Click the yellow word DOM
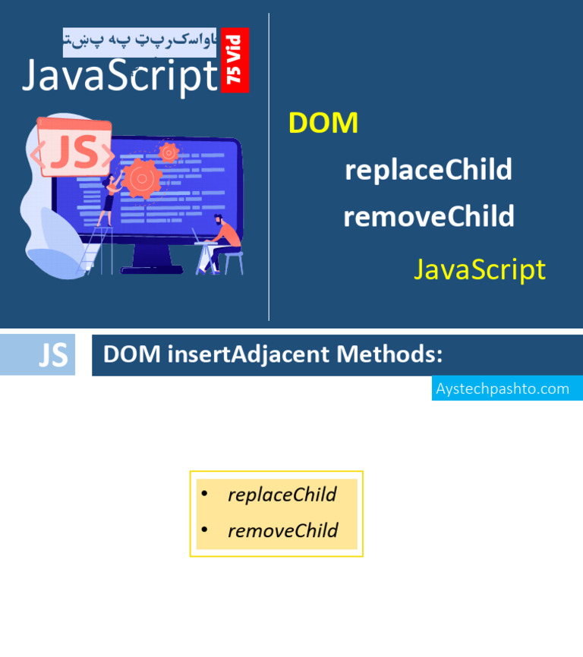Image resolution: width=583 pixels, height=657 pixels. tap(323, 123)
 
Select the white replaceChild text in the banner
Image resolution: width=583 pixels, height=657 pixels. tap(428, 170)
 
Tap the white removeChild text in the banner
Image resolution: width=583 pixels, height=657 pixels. tap(428, 217)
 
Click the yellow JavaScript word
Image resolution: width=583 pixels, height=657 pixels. tap(479, 269)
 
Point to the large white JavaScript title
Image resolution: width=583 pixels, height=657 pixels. tap(120, 76)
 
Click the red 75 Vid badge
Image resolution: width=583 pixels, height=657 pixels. tap(235, 60)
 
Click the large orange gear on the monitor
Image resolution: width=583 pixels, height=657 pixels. tap(141, 178)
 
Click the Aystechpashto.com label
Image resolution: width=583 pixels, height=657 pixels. tap(503, 388)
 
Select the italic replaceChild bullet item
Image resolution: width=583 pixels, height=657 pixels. tap(282, 495)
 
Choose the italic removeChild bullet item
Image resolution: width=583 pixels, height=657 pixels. tap(282, 530)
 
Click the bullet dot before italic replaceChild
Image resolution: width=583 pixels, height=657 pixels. tap(204, 495)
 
